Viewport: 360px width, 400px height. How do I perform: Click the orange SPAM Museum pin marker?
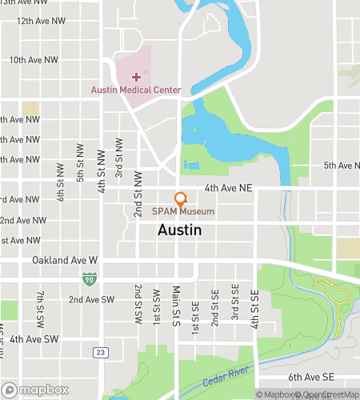pos(181,199)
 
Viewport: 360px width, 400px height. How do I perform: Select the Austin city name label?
pos(179,230)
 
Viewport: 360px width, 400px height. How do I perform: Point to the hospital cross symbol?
pos(136,76)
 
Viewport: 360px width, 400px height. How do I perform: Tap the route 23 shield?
pos(99,351)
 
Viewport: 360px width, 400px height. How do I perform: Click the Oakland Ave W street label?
pos(65,261)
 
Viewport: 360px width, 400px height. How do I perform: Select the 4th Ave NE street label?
pos(228,188)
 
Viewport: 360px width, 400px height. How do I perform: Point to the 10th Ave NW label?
pos(34,60)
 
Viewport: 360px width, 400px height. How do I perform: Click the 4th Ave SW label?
pos(34,339)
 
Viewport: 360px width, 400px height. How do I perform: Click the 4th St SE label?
pos(255,308)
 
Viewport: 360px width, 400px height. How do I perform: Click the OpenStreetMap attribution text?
pos(329,394)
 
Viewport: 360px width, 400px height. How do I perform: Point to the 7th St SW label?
pos(40,308)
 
